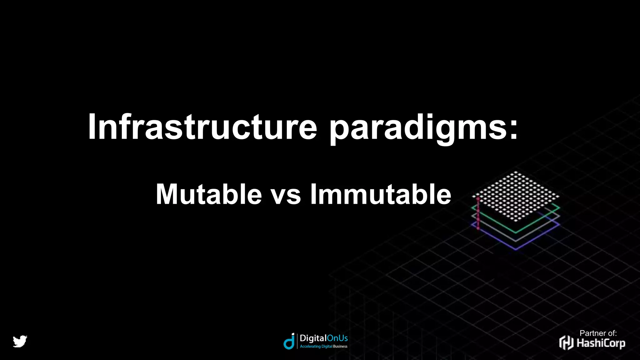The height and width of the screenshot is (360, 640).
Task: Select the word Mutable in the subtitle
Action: pyautogui.click(x=209, y=194)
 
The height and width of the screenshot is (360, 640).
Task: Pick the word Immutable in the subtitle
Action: pyautogui.click(x=381, y=194)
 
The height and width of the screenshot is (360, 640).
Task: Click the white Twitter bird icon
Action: pyautogui.click(x=20, y=341)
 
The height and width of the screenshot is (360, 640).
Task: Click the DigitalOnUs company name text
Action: pyautogui.click(x=323, y=338)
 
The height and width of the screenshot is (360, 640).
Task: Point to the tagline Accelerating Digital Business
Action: pyautogui.click(x=323, y=346)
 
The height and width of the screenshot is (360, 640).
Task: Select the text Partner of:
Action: pyautogui.click(x=598, y=333)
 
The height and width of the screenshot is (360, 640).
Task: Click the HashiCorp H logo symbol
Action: pyautogui.click(x=566, y=342)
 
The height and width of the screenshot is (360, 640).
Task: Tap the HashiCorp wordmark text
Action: pyautogui.click(x=601, y=343)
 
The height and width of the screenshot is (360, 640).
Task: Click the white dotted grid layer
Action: pyautogui.click(x=516, y=196)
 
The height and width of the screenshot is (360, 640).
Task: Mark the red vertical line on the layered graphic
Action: pyautogui.click(x=478, y=213)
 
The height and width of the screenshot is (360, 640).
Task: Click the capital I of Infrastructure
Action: pyautogui.click(x=92, y=127)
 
